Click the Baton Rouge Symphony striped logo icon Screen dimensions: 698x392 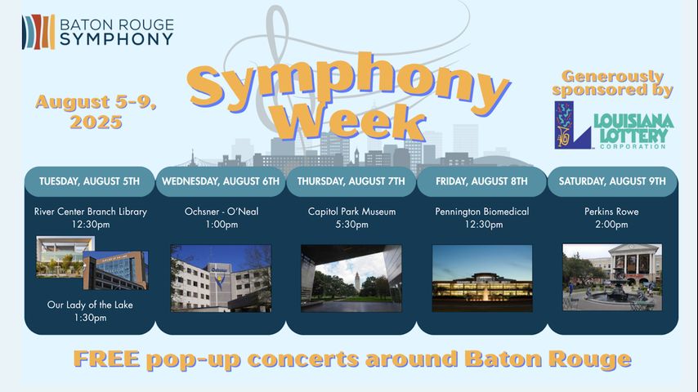click(x=38, y=32)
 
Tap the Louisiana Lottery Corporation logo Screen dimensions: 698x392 click(x=614, y=125)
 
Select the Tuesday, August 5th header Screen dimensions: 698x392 click(x=89, y=181)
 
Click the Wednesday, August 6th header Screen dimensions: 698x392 click(x=221, y=181)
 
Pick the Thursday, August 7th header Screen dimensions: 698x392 click(x=351, y=181)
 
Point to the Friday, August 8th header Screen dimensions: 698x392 click(x=481, y=181)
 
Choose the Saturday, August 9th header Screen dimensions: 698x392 click(x=612, y=181)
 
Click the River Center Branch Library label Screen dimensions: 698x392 click(x=91, y=212)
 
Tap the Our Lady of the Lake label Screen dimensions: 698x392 click(x=90, y=305)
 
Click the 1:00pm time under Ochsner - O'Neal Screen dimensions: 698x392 click(x=221, y=225)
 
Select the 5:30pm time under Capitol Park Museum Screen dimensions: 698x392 click(x=351, y=225)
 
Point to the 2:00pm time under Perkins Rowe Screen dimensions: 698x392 click(x=611, y=225)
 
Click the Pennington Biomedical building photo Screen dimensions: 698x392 click(x=482, y=278)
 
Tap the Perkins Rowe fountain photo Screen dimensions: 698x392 click(x=612, y=277)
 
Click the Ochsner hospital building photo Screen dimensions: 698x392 click(x=221, y=278)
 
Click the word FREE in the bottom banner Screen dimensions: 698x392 click(x=106, y=359)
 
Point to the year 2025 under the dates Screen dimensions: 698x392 click(x=96, y=122)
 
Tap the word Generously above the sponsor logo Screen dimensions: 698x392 click(x=612, y=76)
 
